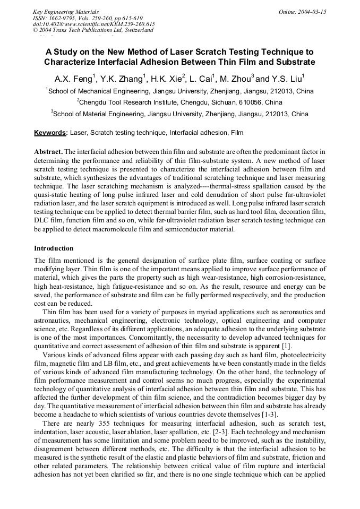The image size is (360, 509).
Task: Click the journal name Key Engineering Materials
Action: click(65, 12)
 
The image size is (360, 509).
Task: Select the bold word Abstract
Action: click(48, 151)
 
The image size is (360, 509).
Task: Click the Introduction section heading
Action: click(54, 248)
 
